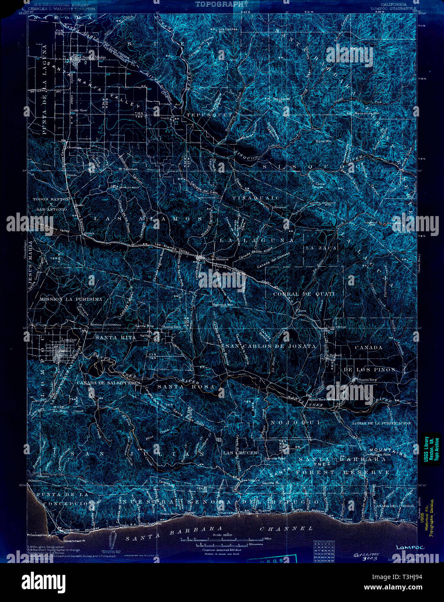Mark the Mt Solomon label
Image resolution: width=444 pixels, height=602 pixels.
[128, 168]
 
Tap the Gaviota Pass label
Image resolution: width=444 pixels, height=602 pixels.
[275, 458]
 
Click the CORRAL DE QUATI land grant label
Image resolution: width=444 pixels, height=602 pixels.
[304, 294]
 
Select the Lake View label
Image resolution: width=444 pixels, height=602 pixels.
[79, 110]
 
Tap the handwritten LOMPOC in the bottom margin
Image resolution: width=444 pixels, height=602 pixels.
[409, 547]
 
